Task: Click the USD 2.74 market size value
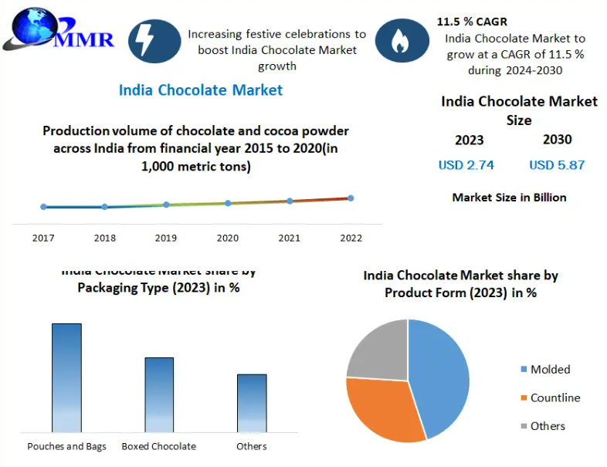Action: [466, 164]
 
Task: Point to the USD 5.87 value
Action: [557, 164]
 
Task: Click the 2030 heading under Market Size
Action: [557, 139]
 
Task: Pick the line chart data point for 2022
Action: [351, 198]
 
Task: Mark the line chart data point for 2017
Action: [43, 207]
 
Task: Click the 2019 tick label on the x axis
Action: [166, 239]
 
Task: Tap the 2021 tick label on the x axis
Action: [289, 239]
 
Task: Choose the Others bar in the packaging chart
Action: [252, 402]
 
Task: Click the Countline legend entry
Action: [554, 398]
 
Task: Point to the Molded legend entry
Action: [549, 370]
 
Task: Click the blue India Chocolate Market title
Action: [200, 90]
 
